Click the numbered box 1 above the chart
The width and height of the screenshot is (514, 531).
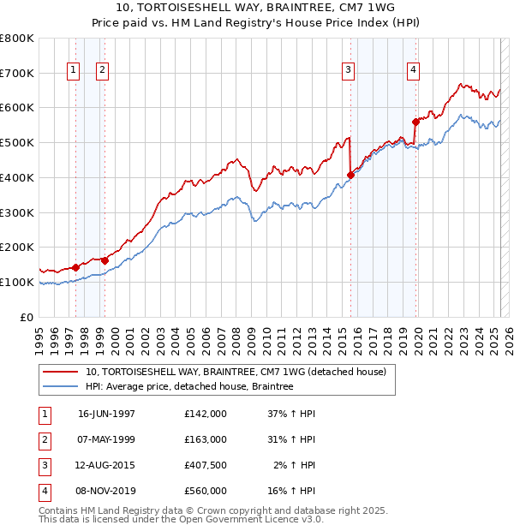pyautogui.click(x=73, y=70)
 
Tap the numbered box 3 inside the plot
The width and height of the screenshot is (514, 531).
pyautogui.click(x=350, y=70)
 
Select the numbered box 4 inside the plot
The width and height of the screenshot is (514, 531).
pyautogui.click(x=413, y=70)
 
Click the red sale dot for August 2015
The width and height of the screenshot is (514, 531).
pyautogui.click(x=350, y=175)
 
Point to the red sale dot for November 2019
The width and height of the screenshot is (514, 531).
pyautogui.click(x=415, y=122)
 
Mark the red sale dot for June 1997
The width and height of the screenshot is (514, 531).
pyautogui.click(x=75, y=267)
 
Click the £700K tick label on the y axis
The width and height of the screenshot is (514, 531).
pyautogui.click(x=17, y=74)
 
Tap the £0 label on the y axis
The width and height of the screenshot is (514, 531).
pyautogui.click(x=27, y=317)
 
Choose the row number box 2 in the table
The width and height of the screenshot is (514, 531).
pyautogui.click(x=44, y=439)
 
